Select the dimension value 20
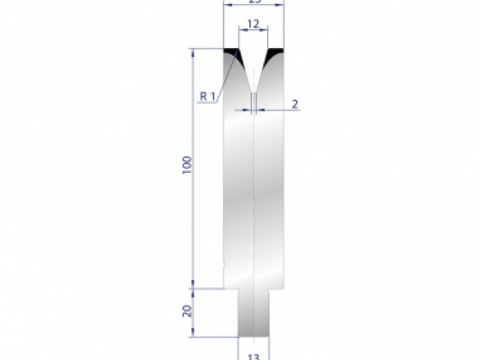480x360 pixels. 186,311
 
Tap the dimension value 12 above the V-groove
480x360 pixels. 253,25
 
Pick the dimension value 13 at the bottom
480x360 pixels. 254,354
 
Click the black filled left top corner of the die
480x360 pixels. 231,53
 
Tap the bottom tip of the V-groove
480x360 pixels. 253,90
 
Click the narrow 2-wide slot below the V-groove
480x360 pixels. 253,102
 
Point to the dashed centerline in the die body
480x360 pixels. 253,200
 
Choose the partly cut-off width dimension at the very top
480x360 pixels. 253,3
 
